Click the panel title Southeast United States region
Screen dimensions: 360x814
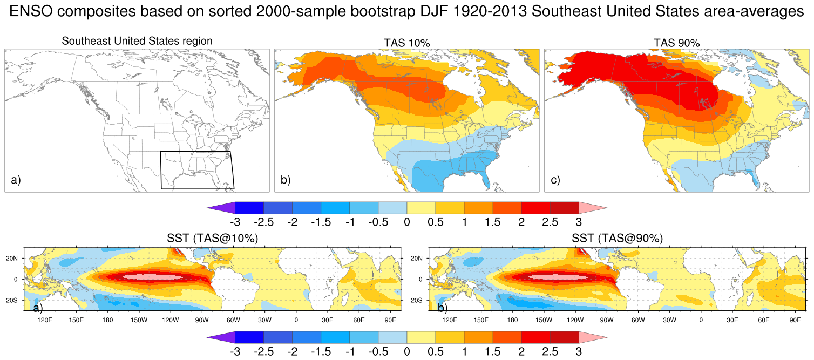click(x=137, y=41)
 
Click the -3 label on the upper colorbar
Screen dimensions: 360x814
click(x=235, y=222)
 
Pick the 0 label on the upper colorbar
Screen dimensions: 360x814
click(x=406, y=222)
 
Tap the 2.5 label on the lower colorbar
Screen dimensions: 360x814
click(x=550, y=352)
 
